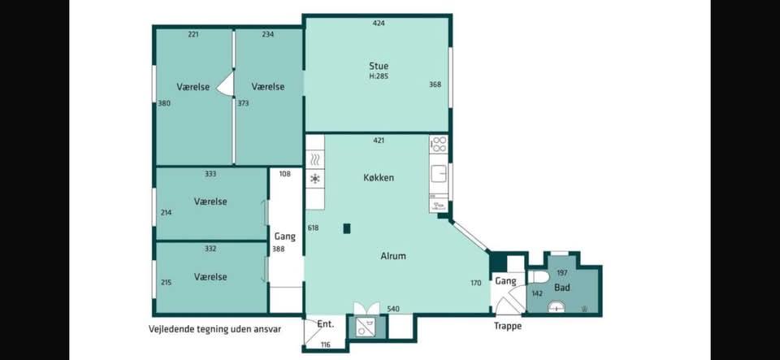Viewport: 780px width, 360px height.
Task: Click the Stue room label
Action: click(x=379, y=66)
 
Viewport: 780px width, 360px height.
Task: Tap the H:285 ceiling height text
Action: click(x=379, y=76)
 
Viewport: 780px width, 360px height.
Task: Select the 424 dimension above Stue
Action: click(x=379, y=23)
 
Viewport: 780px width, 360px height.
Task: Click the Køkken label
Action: click(x=379, y=177)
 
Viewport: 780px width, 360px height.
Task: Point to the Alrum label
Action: click(x=393, y=256)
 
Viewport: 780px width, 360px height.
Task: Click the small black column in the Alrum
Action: click(x=347, y=228)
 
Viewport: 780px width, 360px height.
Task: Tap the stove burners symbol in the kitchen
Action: click(x=439, y=144)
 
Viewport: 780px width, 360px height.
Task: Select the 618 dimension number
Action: click(x=313, y=228)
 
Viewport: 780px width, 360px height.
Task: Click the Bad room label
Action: click(x=562, y=288)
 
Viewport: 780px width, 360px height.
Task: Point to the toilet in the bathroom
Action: click(x=538, y=277)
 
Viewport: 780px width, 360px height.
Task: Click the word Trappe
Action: click(x=507, y=326)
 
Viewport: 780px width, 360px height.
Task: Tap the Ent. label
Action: click(x=325, y=324)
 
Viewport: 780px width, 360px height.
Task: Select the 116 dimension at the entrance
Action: click(x=325, y=345)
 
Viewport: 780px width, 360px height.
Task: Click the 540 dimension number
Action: click(x=393, y=310)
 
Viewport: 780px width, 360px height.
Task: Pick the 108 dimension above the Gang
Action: click(x=284, y=174)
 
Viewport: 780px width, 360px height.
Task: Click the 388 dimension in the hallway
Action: click(x=278, y=249)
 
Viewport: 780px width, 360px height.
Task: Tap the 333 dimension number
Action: click(x=210, y=174)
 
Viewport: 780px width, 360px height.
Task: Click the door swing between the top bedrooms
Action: click(x=227, y=83)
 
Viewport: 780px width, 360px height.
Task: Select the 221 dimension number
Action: click(x=193, y=34)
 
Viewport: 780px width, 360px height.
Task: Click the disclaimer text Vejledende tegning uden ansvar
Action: click(x=214, y=328)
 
